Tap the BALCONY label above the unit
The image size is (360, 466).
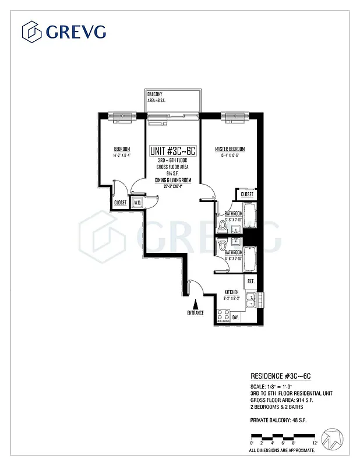(x=154, y=94)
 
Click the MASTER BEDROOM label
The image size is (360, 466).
(x=229, y=149)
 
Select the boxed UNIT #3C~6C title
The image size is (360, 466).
(x=172, y=151)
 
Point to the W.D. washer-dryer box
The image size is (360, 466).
(x=138, y=203)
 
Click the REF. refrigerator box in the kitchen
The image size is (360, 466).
(x=251, y=281)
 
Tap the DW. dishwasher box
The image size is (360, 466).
(x=235, y=317)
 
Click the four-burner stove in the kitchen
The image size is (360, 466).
(x=223, y=316)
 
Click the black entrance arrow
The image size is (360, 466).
(x=195, y=303)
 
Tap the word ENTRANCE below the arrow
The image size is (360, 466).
(x=195, y=313)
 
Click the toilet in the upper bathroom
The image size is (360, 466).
(x=222, y=224)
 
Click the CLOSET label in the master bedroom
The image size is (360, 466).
(x=246, y=194)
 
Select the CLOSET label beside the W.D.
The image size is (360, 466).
(x=121, y=203)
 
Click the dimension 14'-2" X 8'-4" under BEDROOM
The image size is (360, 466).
(x=122, y=156)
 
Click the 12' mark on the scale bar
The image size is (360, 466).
(x=315, y=443)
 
